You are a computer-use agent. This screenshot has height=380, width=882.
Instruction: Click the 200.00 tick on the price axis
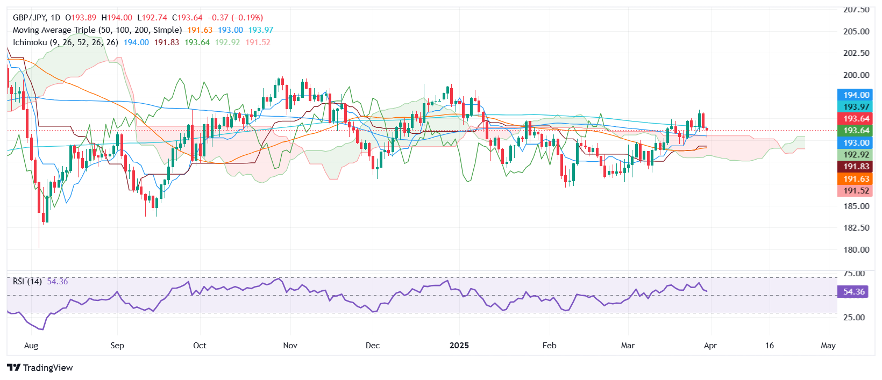pos(856,75)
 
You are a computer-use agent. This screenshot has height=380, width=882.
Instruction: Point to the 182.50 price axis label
pos(856,228)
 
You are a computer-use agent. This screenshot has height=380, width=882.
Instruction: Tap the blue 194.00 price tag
pos(856,95)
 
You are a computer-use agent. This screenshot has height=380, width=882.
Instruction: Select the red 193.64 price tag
pos(856,119)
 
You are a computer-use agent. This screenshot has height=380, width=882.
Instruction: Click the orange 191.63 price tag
pos(856,179)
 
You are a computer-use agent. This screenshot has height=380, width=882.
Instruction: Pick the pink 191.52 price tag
pos(856,191)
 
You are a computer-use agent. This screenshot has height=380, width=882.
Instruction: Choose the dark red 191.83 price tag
pos(856,167)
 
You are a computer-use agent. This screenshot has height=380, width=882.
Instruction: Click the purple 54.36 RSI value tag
pos(853,292)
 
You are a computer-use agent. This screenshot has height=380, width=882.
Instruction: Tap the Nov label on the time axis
pos(290,346)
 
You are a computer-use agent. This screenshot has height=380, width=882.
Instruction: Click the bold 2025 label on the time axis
pos(459,346)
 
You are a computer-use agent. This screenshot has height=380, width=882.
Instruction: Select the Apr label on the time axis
pos(710,346)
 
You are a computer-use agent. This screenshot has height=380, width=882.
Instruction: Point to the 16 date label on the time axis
pos(769,346)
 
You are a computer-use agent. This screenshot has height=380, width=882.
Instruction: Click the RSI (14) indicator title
pos(27,282)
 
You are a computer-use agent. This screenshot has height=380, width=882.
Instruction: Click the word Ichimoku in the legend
pos(30,42)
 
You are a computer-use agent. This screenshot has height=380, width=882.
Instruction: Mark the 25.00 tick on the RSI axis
pos(853,318)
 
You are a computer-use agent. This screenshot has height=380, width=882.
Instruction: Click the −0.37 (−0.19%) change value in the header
pos(235,18)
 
